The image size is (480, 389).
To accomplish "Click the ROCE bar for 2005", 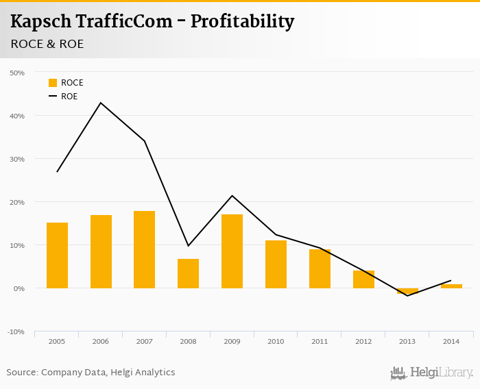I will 57,255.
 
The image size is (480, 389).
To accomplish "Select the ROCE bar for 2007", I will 145,249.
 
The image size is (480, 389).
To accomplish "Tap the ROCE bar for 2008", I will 188,273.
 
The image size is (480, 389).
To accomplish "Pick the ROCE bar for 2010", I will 276,264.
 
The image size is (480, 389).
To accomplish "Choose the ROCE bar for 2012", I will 363,279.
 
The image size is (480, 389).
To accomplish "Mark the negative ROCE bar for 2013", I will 407,291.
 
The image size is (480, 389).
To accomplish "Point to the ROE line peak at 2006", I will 101,103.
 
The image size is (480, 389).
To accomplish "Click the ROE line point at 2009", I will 232,196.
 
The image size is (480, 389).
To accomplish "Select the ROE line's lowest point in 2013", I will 407,296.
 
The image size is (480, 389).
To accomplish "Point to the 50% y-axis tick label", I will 17,73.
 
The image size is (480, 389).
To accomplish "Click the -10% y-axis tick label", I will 16,332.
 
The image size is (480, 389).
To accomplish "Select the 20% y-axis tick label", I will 17,202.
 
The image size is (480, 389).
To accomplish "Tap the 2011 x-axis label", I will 320,340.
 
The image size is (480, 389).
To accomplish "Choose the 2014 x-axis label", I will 451,340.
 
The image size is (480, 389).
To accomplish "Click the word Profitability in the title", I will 242,22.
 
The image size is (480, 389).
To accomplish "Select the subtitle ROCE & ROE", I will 47,43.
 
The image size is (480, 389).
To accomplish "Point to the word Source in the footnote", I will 22,373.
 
